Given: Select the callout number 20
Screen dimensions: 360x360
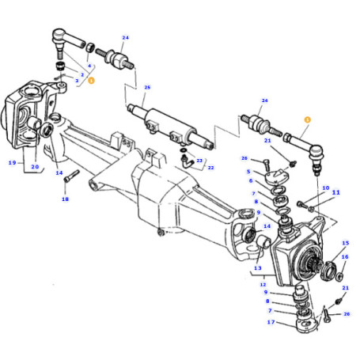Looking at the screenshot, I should pos(35,167).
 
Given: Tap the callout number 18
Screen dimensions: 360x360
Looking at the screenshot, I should pos(65,199).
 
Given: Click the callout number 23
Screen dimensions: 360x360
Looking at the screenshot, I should pos(199,161).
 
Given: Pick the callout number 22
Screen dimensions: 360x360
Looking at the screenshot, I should pos(210,167).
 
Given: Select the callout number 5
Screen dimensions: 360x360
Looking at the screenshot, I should pos(248,171).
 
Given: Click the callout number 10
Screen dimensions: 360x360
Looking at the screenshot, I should pos(324,188).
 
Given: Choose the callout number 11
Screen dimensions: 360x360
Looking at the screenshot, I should pos(335,192).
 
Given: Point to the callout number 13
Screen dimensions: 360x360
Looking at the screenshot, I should pos(258,269).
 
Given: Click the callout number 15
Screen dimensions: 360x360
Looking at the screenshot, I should pos(345,244).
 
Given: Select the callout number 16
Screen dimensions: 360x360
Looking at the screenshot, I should pos(345,257).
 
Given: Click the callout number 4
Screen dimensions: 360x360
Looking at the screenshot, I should pos(89,66).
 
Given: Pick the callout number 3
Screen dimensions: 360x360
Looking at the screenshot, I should pos(77,80).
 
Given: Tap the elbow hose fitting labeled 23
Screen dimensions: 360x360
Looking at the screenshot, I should pos(188,162).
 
